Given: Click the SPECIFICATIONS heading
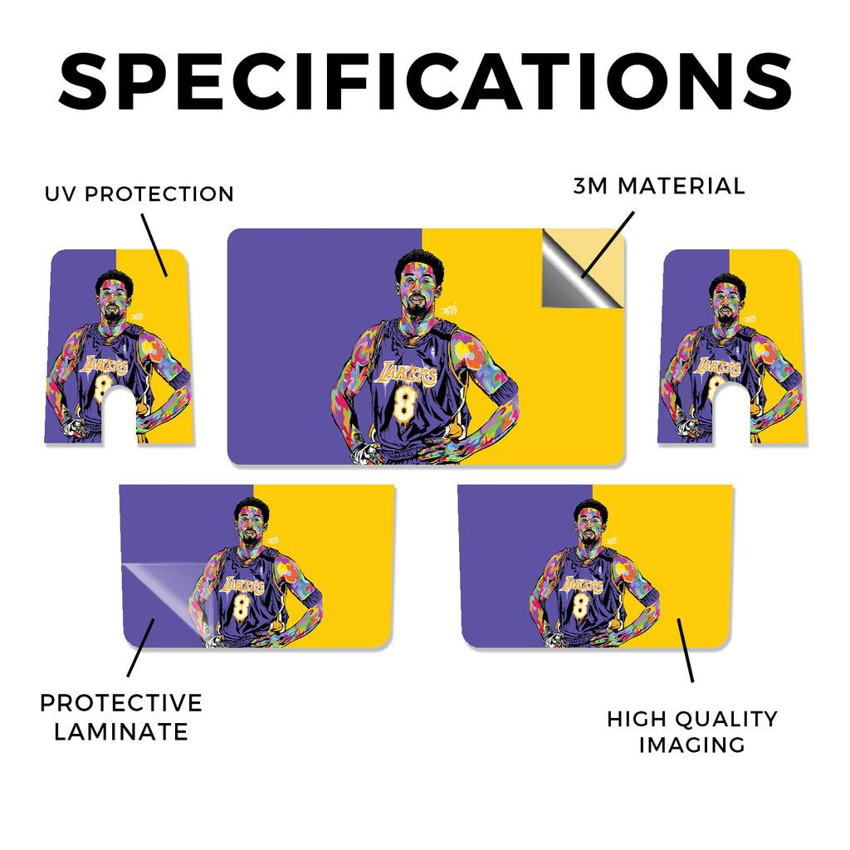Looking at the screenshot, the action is coord(425,81).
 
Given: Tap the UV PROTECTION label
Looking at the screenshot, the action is coord(139,193).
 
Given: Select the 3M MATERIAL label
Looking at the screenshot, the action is coord(659,186).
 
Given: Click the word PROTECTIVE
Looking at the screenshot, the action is coord(121,703).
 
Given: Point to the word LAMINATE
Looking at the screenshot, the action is coord(121,732).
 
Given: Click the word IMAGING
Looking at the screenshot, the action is coord(691,745).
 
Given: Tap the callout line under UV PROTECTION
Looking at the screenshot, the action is coord(154,245).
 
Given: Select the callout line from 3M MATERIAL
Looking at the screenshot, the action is coord(607,245).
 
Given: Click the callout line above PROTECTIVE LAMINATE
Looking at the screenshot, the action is coord(141,647).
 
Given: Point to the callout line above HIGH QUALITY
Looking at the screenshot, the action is coord(685,650).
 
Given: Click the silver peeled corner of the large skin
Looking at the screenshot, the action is coord(574,276).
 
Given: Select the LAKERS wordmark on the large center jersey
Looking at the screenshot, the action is coord(408,373).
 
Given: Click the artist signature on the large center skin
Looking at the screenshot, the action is coord(449,310).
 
